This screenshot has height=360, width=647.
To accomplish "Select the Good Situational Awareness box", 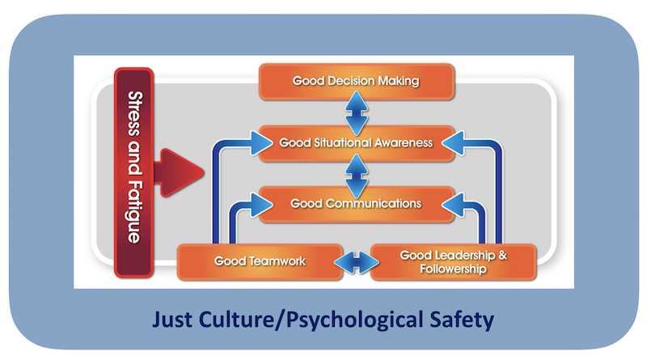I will [356, 142].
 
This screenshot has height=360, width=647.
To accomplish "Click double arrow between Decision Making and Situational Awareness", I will [356, 112].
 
